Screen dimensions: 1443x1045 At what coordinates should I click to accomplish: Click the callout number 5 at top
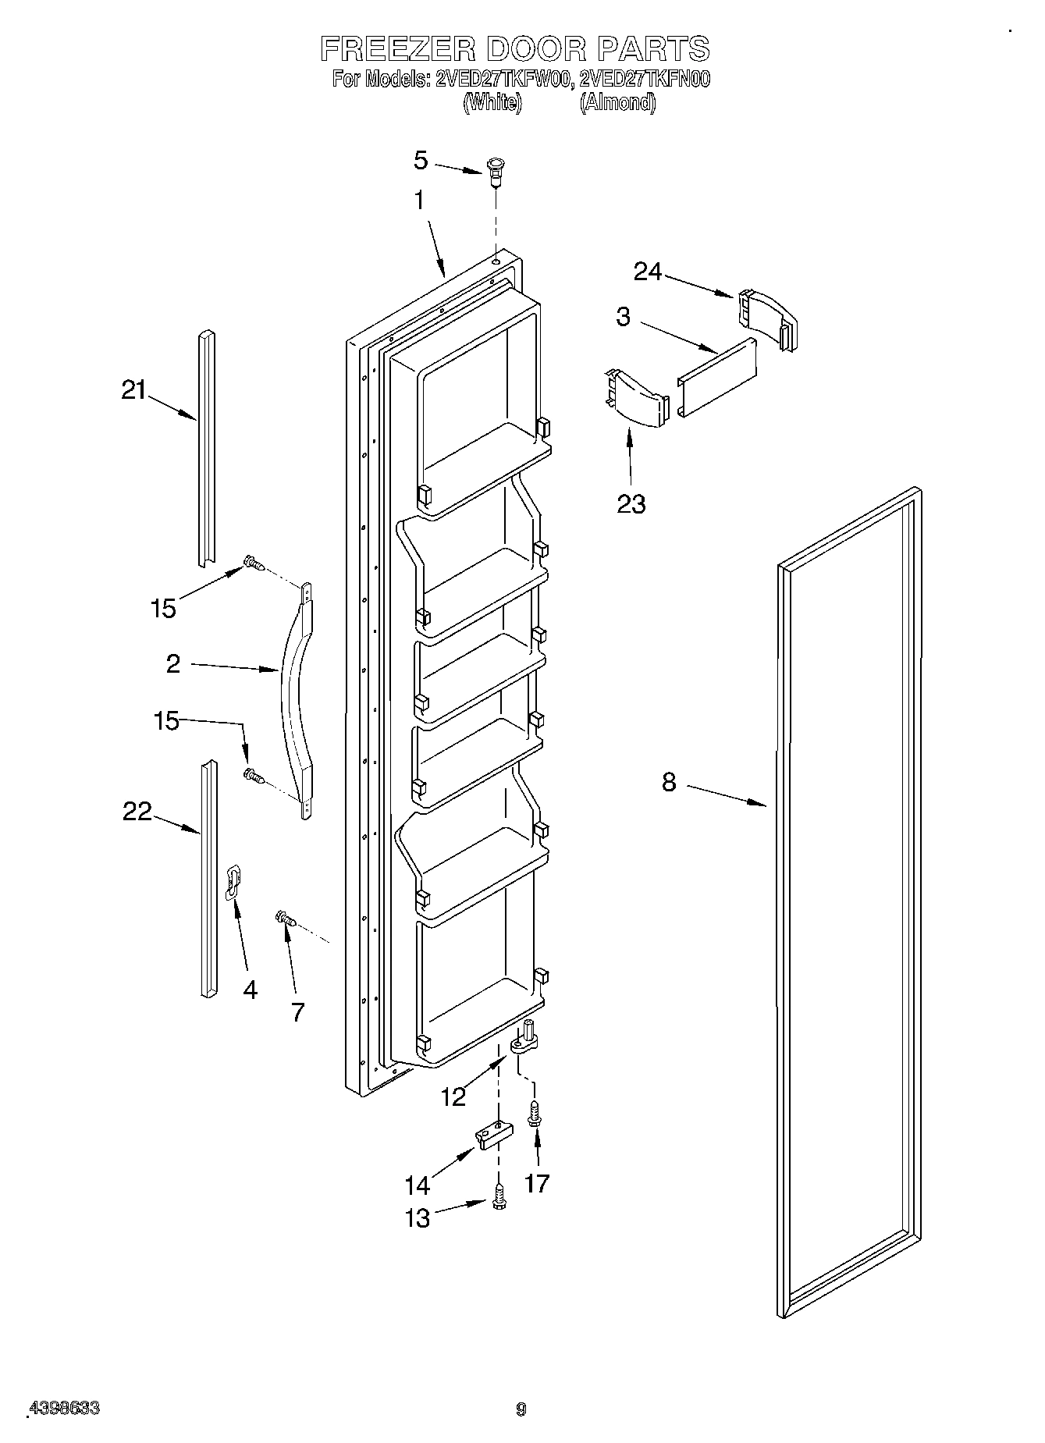click(421, 161)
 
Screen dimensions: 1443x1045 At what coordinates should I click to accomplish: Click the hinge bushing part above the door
click(495, 172)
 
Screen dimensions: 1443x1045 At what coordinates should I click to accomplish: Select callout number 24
click(648, 272)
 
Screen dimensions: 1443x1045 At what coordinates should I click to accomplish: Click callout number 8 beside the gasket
click(669, 782)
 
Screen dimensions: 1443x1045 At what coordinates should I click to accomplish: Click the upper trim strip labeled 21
click(205, 449)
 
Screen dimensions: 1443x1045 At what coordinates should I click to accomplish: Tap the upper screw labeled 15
click(254, 562)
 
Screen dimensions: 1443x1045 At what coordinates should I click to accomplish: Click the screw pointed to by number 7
click(286, 920)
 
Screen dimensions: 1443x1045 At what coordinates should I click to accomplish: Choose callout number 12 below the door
click(453, 1096)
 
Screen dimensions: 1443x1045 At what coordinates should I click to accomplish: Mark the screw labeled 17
click(535, 1112)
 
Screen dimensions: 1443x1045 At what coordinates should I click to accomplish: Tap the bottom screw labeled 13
click(499, 1203)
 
